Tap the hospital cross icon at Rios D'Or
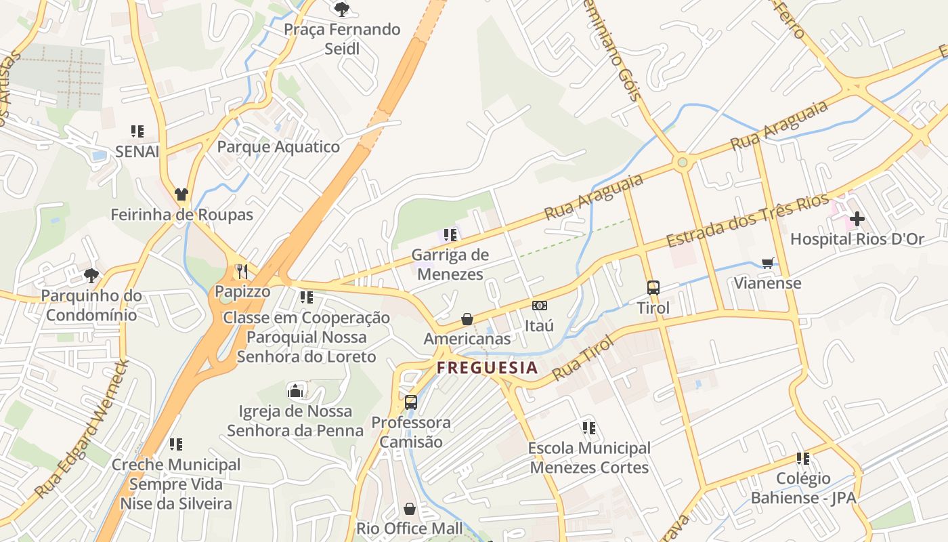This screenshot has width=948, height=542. (x=857, y=219)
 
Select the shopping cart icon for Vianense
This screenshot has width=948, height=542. (x=767, y=263)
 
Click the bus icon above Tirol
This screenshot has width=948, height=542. (x=653, y=288)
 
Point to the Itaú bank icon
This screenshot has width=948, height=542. (x=539, y=306)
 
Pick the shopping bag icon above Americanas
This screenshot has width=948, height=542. (x=467, y=318)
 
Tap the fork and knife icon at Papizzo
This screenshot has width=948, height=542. (x=242, y=272)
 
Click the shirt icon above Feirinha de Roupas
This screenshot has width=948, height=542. (x=181, y=194)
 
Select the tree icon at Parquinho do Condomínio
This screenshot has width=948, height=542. (x=91, y=276)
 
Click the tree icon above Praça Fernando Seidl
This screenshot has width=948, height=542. (x=342, y=9)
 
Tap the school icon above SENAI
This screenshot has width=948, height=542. (x=137, y=131)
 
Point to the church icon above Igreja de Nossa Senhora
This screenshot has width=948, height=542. (x=295, y=391)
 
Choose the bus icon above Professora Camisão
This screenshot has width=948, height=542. (x=410, y=402)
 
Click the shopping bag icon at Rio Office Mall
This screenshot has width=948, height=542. (x=410, y=508)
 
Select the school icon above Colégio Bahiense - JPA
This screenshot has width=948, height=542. (x=803, y=459)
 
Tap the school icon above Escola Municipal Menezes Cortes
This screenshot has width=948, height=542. (x=589, y=428)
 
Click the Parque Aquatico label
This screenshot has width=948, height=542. (x=278, y=147)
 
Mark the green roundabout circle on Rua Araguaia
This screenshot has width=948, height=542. (x=682, y=162)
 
